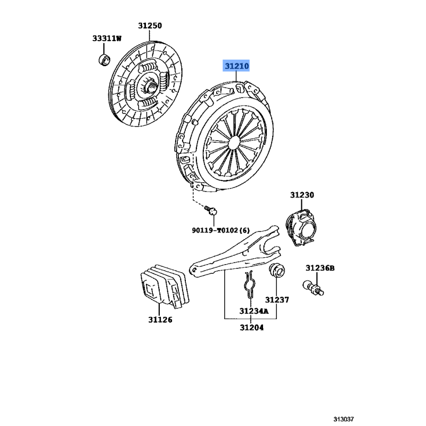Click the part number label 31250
click(x=150, y=26)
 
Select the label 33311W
click(x=107, y=38)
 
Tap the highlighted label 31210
click(x=236, y=65)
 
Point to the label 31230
click(x=302, y=195)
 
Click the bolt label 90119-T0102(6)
click(x=220, y=231)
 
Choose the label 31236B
click(x=320, y=268)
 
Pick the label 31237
click(x=277, y=300)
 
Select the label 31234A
click(x=254, y=311)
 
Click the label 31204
click(x=251, y=327)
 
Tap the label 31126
click(x=160, y=320)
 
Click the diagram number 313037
click(x=343, y=419)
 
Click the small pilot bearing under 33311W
click(x=104, y=60)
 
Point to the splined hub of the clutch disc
click(x=151, y=87)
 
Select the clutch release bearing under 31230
click(x=301, y=228)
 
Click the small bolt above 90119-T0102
click(x=211, y=210)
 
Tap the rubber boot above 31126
click(x=165, y=286)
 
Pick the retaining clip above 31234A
click(x=250, y=285)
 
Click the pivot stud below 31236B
click(x=313, y=288)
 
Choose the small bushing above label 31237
click(x=277, y=270)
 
